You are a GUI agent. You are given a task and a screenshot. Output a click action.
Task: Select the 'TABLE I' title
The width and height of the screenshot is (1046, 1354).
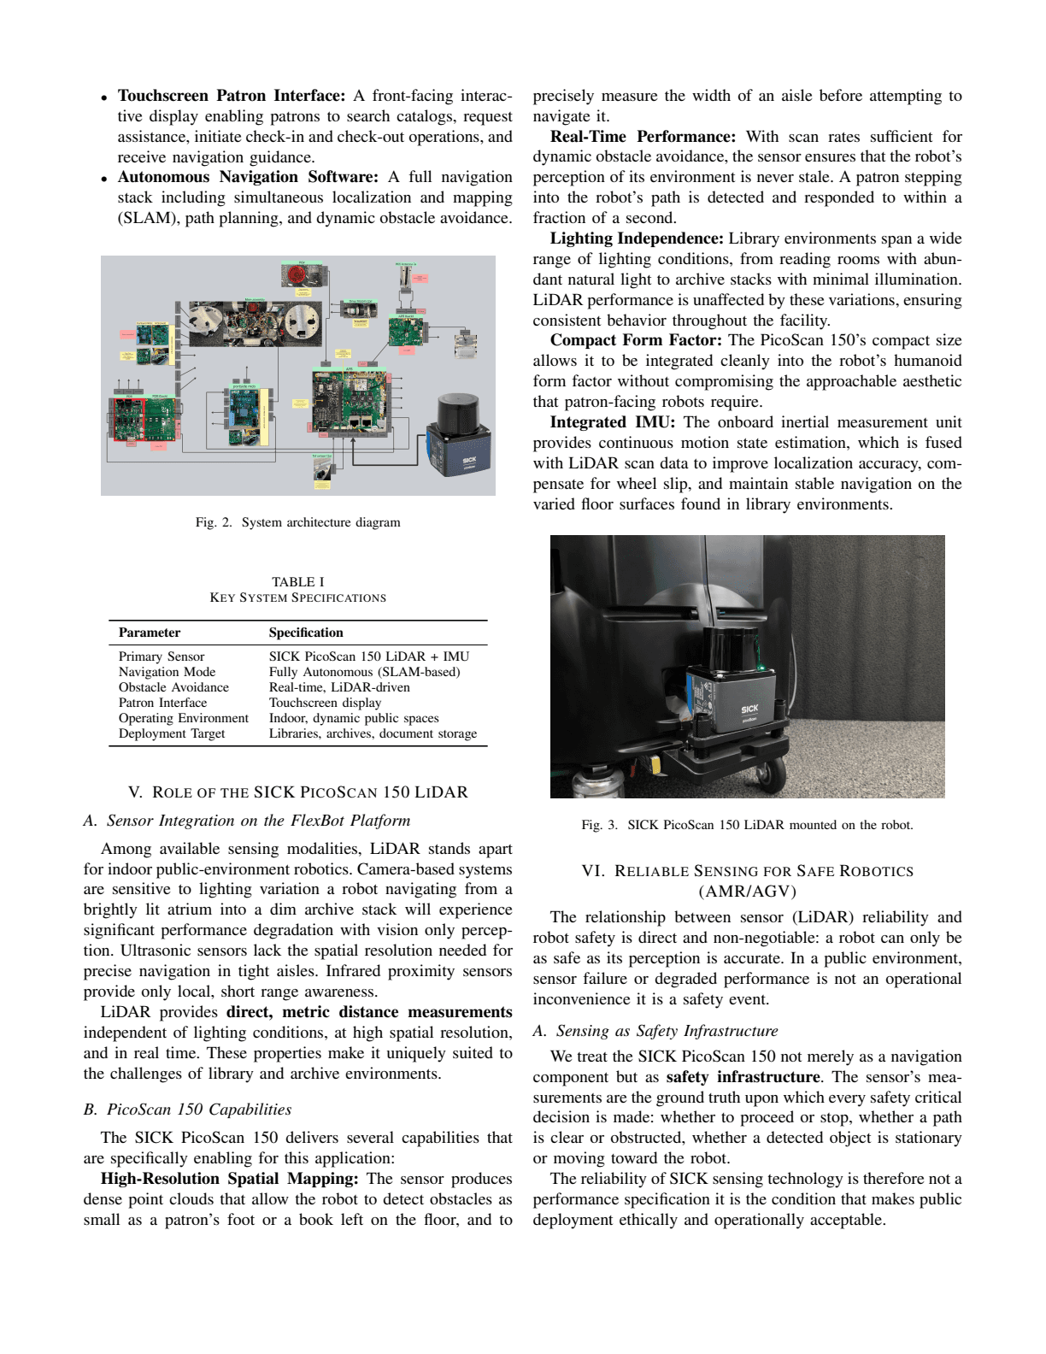pos(297,581)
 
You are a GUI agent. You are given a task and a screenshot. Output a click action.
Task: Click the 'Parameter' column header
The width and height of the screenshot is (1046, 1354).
pos(150,633)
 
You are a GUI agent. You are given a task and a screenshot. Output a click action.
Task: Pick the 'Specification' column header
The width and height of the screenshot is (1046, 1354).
pos(306,633)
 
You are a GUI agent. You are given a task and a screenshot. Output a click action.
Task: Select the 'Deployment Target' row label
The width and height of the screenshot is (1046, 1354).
pos(172,733)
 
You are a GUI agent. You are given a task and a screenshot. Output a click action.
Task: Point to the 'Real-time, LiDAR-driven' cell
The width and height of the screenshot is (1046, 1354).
pos(339,687)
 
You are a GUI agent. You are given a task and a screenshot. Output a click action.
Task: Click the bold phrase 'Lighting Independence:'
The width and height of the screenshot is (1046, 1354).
pos(636,238)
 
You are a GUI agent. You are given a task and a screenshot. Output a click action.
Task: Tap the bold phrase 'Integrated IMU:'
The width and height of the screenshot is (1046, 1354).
pos(612,422)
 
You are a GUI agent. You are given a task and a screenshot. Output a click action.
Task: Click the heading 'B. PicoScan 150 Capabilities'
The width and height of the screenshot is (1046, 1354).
pos(187,1110)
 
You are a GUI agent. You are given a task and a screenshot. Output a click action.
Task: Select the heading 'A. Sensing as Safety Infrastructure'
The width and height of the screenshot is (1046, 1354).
pos(655,1031)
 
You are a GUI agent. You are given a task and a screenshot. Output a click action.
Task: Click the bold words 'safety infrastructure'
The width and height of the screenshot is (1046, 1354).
pos(743,1077)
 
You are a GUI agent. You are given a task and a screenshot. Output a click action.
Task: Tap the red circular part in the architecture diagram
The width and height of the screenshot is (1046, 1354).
pos(297,276)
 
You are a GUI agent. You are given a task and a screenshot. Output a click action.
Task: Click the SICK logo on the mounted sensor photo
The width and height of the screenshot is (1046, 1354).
pos(749,709)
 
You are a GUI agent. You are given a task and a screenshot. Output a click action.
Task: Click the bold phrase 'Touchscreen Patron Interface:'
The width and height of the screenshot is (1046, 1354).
pos(231,96)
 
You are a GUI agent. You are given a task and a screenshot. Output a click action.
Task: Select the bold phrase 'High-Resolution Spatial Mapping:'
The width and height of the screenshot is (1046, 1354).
pos(229,1179)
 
